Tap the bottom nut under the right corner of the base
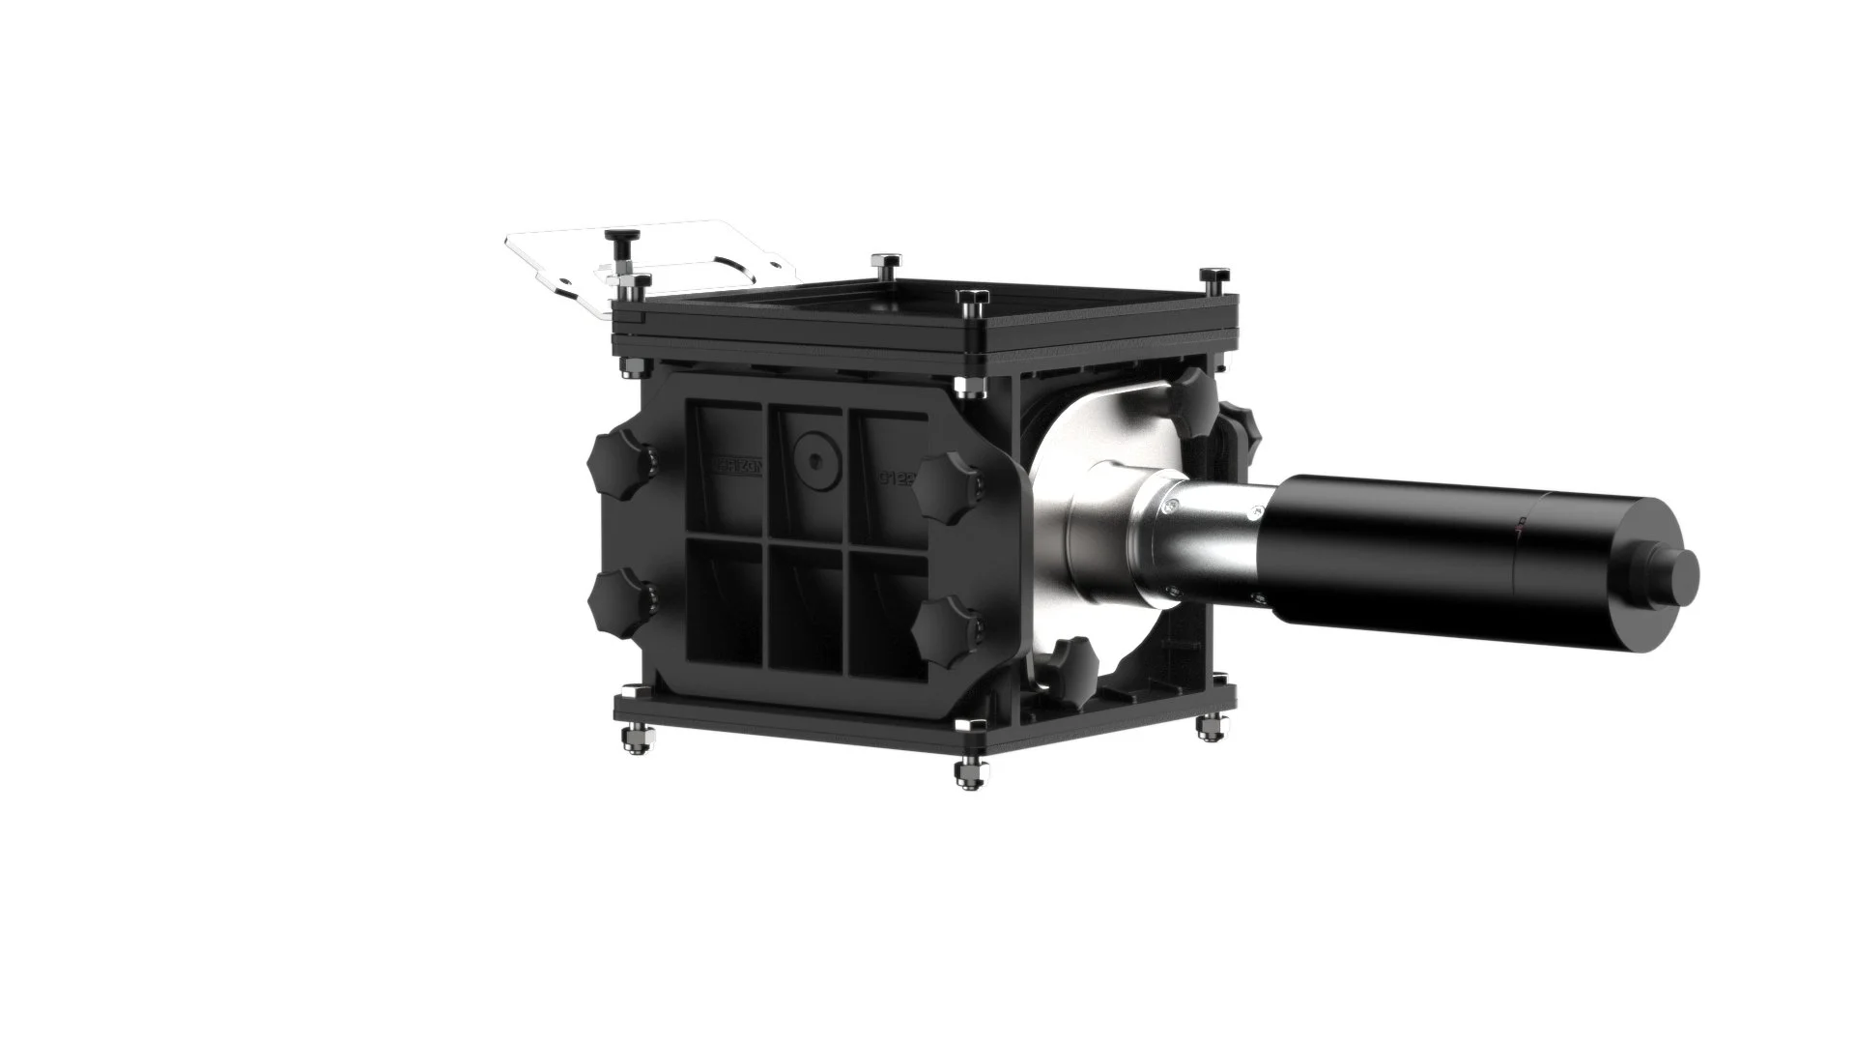[1208, 727]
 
